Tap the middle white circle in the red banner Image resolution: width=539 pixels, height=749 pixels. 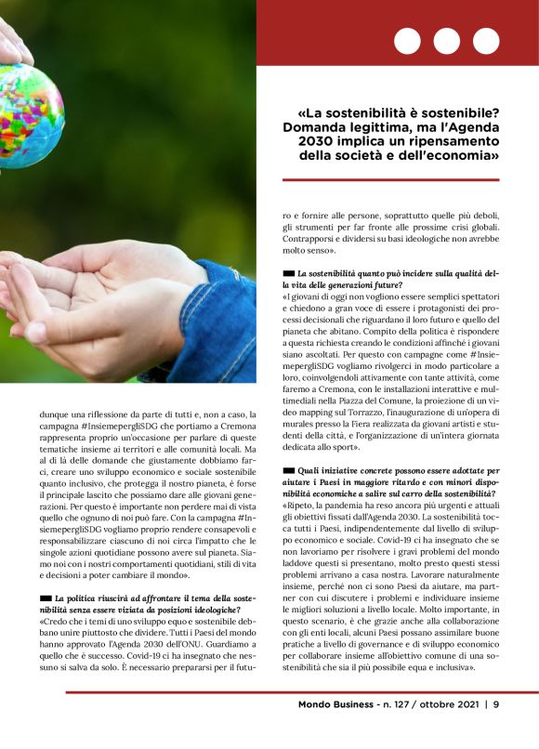point(446,41)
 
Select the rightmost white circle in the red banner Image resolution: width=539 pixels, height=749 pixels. point(485,41)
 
